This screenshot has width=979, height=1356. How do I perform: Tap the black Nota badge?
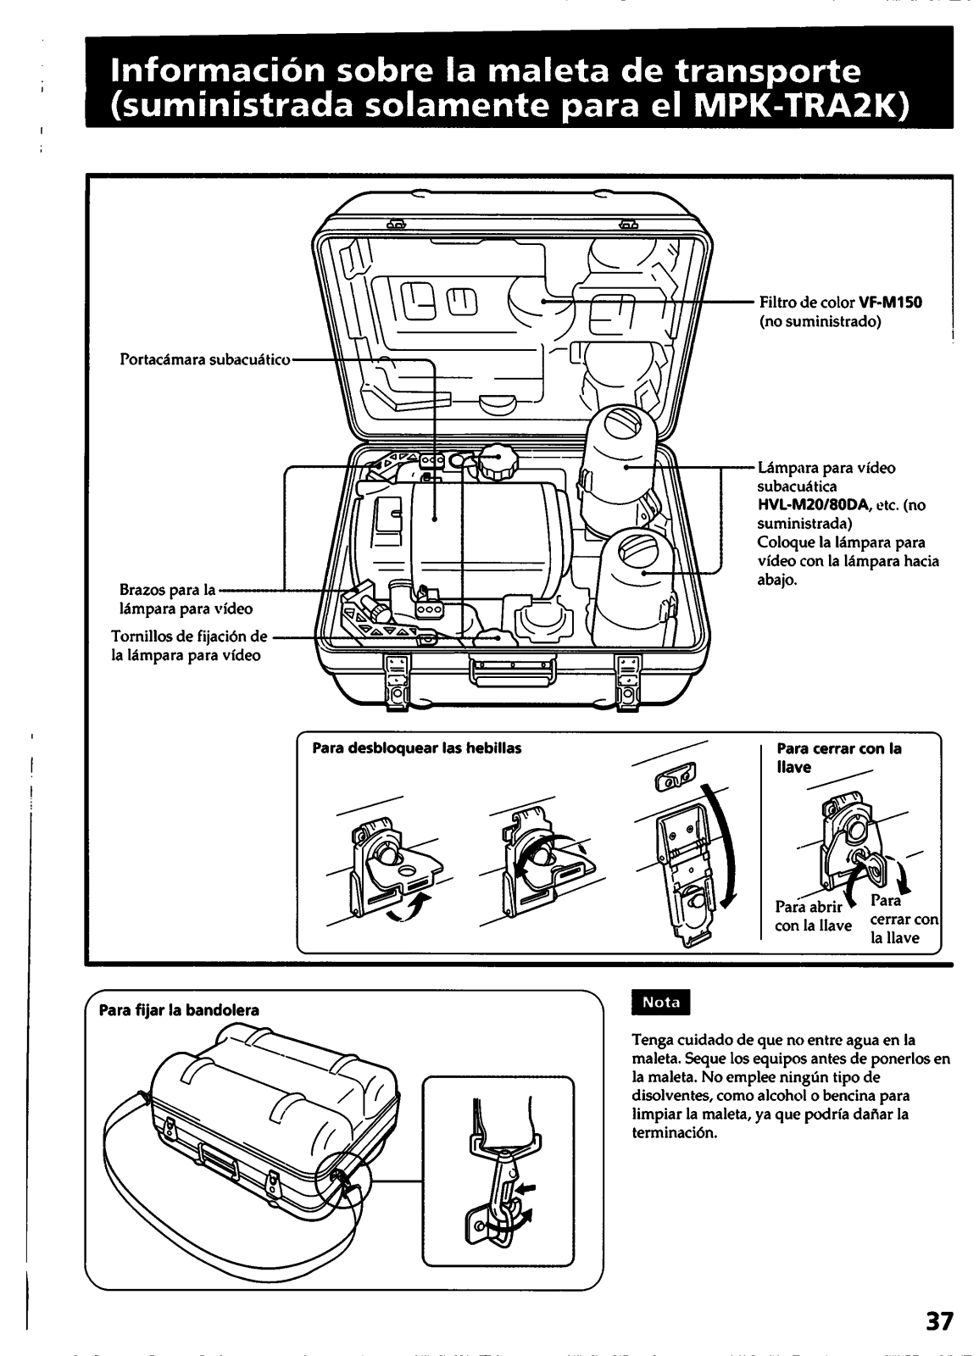[x=662, y=1002]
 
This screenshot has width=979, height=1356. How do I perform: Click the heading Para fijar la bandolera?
[x=179, y=1010]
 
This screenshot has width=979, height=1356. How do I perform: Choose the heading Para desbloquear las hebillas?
[x=416, y=748]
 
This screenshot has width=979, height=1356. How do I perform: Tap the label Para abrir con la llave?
[x=813, y=917]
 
